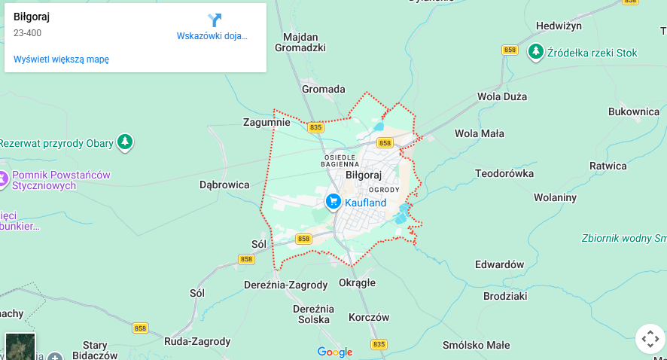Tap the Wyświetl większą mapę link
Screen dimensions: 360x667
click(61, 59)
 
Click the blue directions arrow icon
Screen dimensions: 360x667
click(215, 20)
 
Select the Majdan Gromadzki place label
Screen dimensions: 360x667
click(300, 42)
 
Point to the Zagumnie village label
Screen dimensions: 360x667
click(266, 122)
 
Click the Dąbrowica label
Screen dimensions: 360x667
click(224, 184)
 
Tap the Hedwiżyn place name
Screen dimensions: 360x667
click(559, 26)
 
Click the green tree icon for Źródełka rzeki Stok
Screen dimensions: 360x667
click(535, 52)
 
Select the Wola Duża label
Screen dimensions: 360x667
click(502, 96)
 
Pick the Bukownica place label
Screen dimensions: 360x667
click(634, 111)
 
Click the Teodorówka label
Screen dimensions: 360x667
click(504, 173)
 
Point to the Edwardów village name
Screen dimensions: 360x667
click(499, 264)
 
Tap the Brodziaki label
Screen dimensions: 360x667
click(505, 297)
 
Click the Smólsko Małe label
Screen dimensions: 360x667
click(477, 346)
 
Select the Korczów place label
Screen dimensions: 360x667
click(370, 318)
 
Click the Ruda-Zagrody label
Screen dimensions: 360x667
click(197, 341)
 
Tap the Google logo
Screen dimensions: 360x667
click(335, 352)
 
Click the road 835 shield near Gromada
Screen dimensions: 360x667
click(315, 127)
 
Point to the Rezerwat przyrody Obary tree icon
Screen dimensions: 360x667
click(125, 142)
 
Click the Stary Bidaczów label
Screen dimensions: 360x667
click(96, 349)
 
